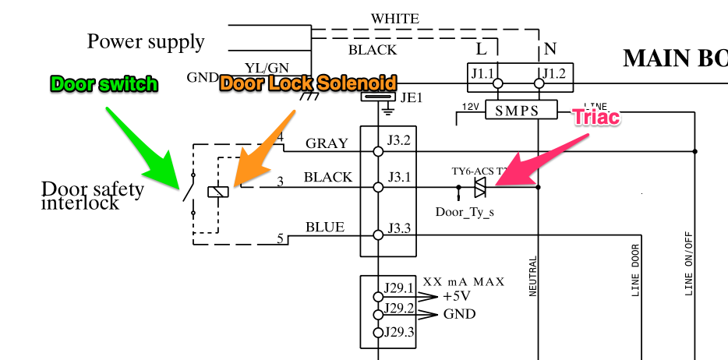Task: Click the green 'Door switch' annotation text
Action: [x=104, y=84]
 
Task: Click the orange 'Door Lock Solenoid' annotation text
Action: [x=308, y=83]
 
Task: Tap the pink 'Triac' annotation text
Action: [x=596, y=117]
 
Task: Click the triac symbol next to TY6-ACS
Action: [x=479, y=187]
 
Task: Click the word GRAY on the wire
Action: [x=326, y=143]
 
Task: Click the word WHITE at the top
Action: [x=394, y=18]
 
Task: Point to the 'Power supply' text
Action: [x=146, y=41]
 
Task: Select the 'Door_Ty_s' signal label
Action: [x=464, y=211]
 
